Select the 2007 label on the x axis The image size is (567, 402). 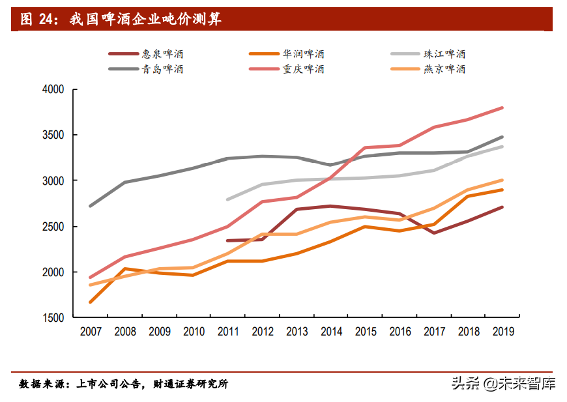pos(91,332)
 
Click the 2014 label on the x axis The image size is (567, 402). pos(331,332)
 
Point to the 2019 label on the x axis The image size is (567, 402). pos(502,332)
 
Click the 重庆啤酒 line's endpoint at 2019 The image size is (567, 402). pos(502,108)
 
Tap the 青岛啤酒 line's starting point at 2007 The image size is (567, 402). pos(91,206)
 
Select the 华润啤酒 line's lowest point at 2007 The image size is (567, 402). pos(91,302)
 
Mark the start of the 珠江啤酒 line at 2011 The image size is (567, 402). pos(227,199)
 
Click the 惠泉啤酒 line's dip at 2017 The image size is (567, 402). pos(433,233)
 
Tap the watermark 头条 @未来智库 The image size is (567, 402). pos(503,383)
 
